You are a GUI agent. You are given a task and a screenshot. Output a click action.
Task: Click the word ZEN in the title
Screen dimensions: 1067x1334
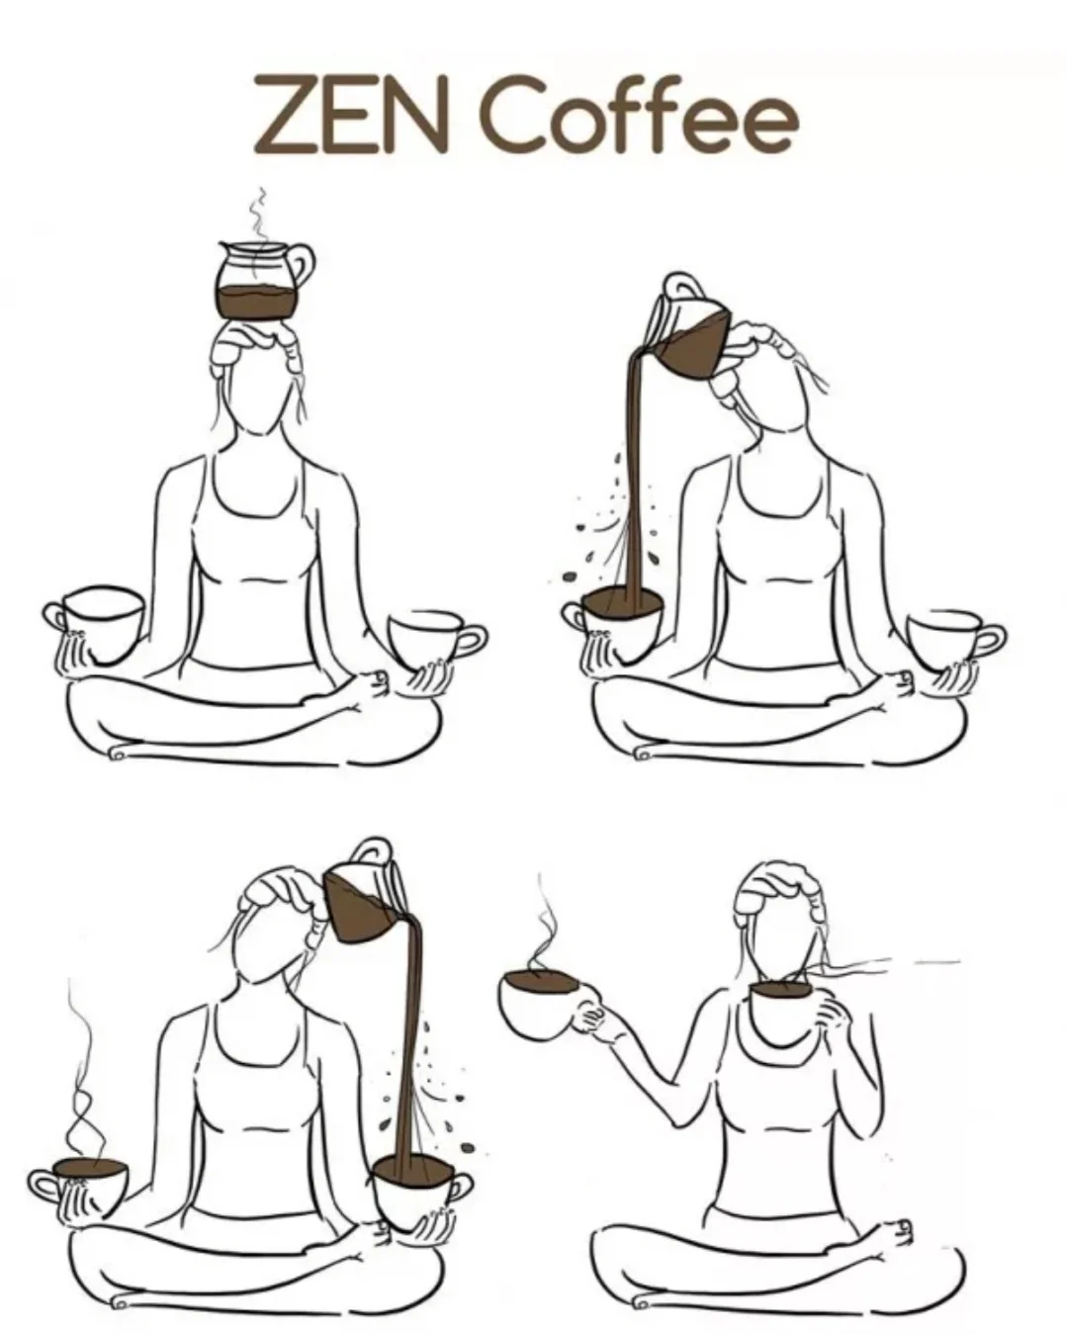[x=350, y=115]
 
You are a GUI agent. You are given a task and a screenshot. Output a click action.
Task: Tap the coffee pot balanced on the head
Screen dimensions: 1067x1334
[x=263, y=281]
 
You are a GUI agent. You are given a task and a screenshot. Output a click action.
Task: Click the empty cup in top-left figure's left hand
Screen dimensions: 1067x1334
[x=93, y=622]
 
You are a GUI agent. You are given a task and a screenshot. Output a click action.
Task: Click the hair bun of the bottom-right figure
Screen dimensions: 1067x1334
[x=781, y=886]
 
